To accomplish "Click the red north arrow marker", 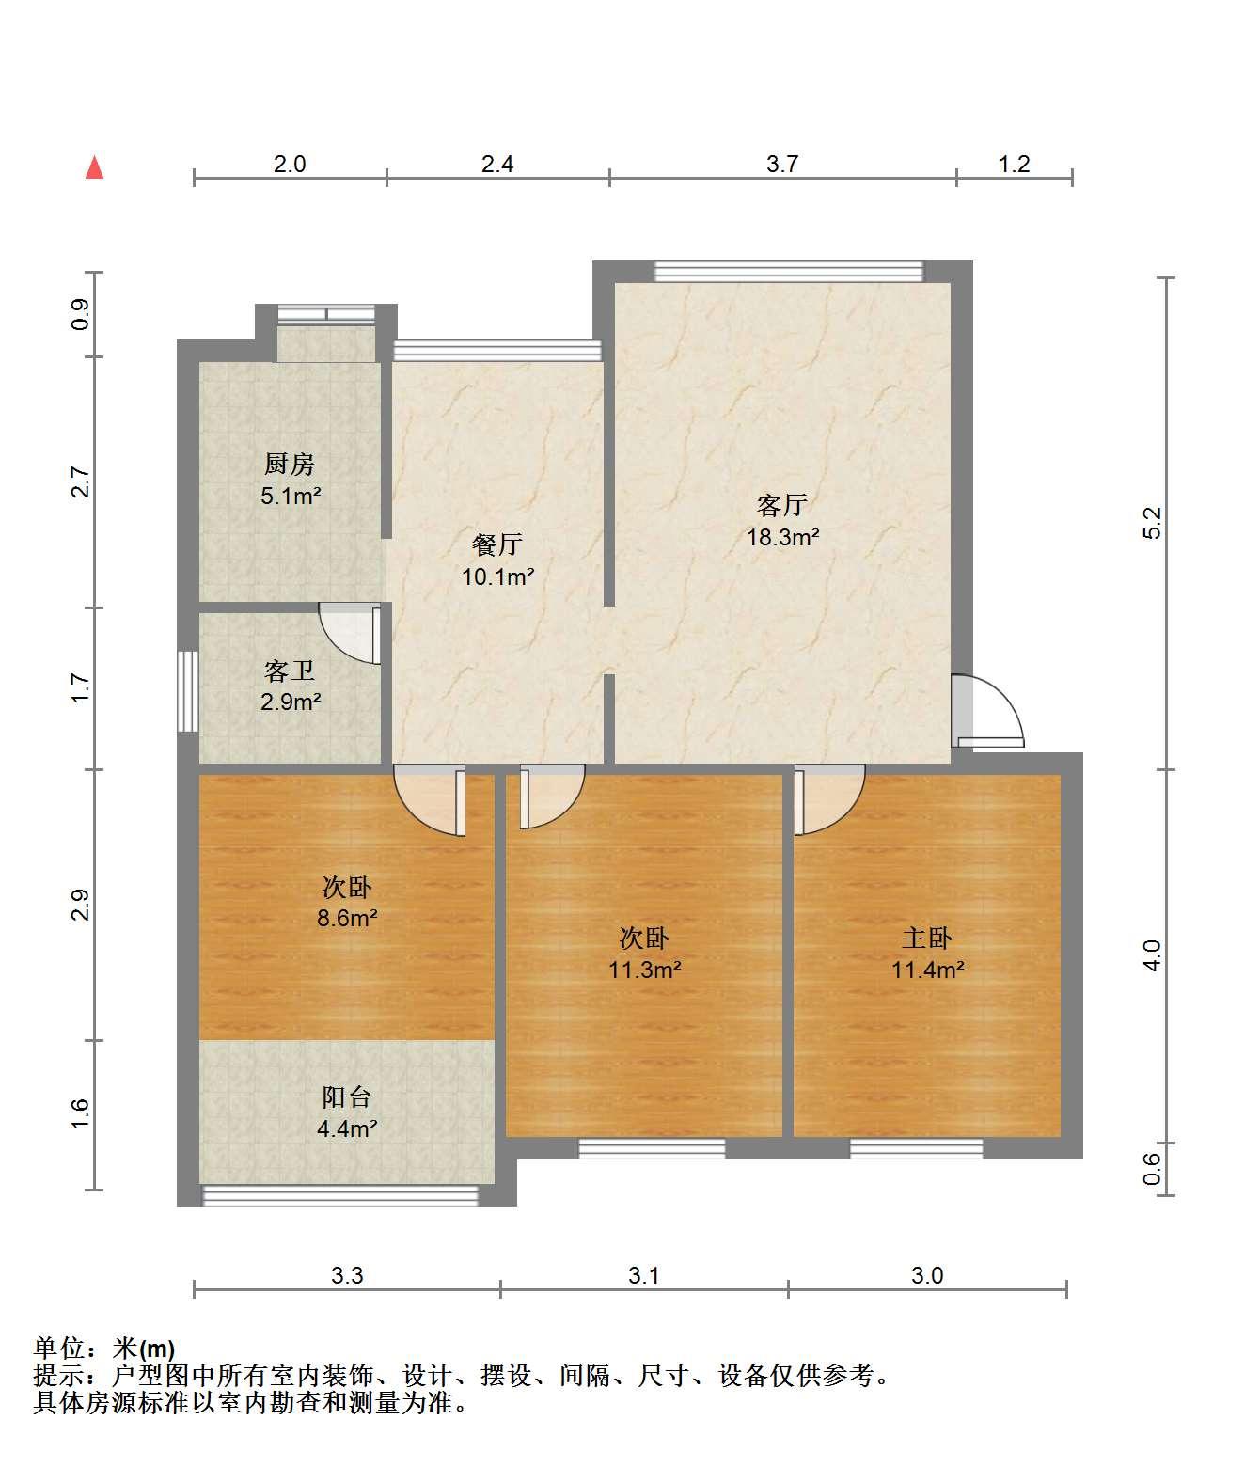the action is coord(94,168).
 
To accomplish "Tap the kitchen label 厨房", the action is coord(289,465).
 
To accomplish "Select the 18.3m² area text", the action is coord(783,537).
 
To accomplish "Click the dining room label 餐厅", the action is coord(497,544).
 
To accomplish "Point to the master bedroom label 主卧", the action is coord(927,939).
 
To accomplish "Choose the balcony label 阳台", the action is coord(346,1097).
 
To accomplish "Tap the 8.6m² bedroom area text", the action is coord(347,918).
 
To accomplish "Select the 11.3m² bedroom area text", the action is coord(644,969).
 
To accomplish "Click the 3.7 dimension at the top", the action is coord(782,164).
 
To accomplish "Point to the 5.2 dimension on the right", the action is coord(1152,523).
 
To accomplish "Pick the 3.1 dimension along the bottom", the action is coord(644,1275).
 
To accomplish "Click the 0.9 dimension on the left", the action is coord(80,314).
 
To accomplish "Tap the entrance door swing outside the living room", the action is coord(987,710).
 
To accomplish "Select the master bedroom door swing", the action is coord(829,799).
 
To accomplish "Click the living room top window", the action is coord(789,272).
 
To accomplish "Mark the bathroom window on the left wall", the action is coord(188,691).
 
